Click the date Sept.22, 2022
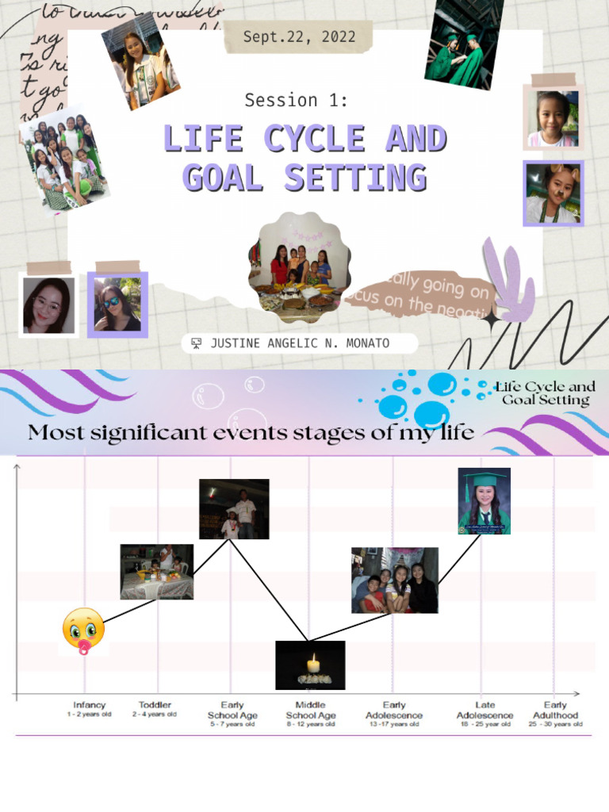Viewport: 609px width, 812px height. click(299, 37)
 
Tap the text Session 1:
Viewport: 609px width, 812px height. click(296, 101)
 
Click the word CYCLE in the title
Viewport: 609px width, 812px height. click(314, 139)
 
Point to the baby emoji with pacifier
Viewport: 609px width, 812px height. click(83, 630)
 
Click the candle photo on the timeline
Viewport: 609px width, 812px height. click(310, 665)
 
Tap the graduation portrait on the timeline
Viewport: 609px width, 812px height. click(484, 501)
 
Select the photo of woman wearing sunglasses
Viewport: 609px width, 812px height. click(117, 305)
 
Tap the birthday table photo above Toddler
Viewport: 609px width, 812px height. click(157, 572)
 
